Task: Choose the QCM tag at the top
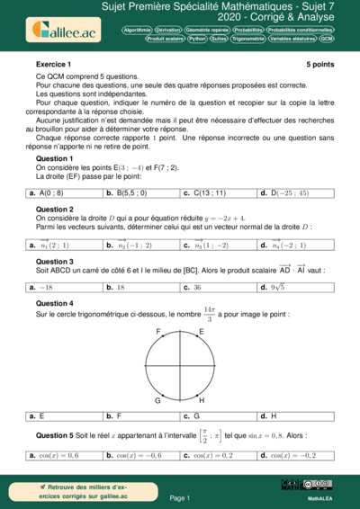[x=326, y=40]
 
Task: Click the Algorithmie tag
[x=138, y=30]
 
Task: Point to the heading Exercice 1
[x=53, y=66]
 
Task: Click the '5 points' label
[x=319, y=66]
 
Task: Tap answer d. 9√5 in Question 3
[x=272, y=287]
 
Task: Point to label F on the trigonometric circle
[x=158, y=332]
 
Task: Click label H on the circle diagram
[x=202, y=399]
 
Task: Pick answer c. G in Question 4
[x=191, y=416]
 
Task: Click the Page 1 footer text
[x=180, y=497]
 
